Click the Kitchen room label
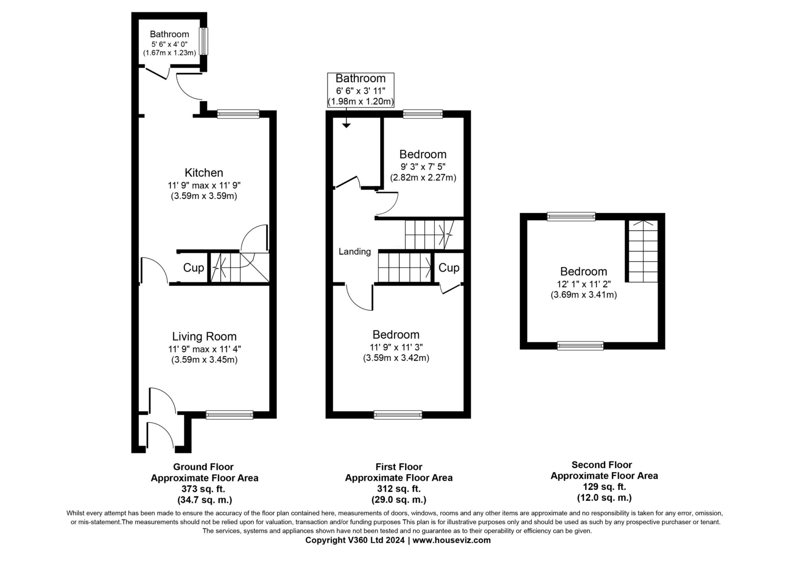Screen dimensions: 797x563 click(204, 172)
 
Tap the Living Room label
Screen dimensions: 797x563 click(204, 336)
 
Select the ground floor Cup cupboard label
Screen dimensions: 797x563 click(193, 268)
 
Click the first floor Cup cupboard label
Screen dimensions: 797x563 click(449, 268)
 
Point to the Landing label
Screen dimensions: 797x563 click(355, 252)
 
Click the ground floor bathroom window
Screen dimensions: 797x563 click(204, 41)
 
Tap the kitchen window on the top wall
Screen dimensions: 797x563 click(238, 114)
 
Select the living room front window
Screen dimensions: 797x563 click(230, 415)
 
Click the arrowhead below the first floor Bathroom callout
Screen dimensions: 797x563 click(346, 125)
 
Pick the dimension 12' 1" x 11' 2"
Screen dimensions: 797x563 click(583, 284)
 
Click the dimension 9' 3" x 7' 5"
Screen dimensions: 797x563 click(423, 167)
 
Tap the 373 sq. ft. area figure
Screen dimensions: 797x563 click(204, 489)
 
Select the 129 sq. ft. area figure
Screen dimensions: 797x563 click(604, 486)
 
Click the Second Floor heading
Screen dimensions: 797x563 click(602, 465)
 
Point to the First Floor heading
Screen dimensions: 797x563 click(399, 467)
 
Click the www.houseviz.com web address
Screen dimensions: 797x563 click(451, 540)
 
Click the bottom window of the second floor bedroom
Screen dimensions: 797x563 click(580, 346)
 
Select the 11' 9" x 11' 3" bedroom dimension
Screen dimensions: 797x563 click(396, 347)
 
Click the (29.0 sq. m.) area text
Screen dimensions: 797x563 click(399, 500)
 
